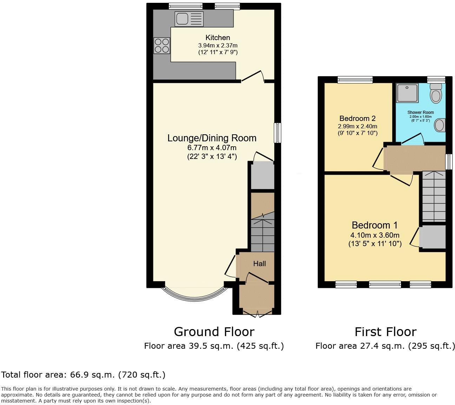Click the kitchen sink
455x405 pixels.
(x=189, y=19)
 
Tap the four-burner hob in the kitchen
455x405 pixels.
(x=161, y=46)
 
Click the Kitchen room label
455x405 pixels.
(x=218, y=38)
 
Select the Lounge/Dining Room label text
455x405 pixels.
(x=212, y=138)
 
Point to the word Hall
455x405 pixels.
(x=259, y=264)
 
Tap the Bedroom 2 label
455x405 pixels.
(x=357, y=118)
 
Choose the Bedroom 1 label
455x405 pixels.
(x=375, y=225)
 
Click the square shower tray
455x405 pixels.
(x=407, y=93)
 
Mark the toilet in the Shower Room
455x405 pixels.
(x=436, y=93)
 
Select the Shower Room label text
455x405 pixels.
(x=420, y=112)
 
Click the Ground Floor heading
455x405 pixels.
(x=214, y=332)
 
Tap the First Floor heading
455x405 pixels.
(x=385, y=332)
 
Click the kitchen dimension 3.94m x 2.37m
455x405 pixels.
(x=218, y=45)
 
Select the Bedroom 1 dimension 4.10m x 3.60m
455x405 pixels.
(x=375, y=235)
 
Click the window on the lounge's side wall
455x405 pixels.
(x=277, y=133)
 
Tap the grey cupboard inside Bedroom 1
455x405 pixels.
(x=433, y=237)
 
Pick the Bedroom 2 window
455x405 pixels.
(x=355, y=80)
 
